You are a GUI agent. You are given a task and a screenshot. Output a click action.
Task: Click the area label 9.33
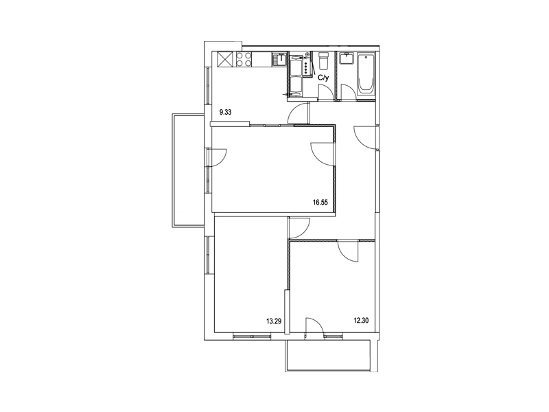tap(226, 113)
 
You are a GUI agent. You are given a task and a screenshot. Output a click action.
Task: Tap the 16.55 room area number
tap(320, 202)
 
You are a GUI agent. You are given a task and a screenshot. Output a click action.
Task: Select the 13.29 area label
tap(274, 320)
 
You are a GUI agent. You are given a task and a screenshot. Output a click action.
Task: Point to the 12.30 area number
tap(362, 320)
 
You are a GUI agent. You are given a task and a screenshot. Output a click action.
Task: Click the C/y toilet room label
tap(323, 78)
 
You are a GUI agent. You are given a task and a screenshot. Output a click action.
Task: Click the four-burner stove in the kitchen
tap(244, 59)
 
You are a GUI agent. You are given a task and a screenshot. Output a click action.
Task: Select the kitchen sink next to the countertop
tap(280, 59)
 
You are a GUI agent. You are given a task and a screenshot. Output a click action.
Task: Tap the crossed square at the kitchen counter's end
tap(225, 59)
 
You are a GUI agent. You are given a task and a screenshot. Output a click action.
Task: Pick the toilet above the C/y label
tap(323, 60)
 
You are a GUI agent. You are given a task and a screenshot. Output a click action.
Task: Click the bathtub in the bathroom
tap(366, 74)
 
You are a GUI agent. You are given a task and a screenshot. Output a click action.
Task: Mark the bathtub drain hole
tap(366, 56)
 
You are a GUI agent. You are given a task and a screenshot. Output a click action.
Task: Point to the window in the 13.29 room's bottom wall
tap(252, 336)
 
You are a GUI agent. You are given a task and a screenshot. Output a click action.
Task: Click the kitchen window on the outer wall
tap(208, 85)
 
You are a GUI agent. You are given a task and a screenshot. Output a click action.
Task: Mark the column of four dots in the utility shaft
tap(306, 67)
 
